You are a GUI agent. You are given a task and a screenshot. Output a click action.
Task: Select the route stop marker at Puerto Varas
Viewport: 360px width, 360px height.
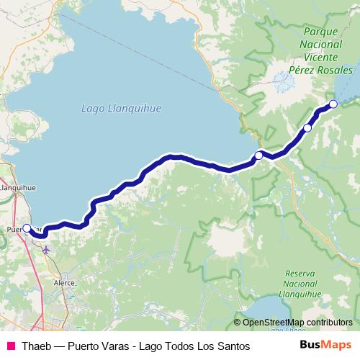(27, 228)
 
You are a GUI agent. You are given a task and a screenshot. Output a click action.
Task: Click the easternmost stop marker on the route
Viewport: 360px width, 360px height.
(333, 105)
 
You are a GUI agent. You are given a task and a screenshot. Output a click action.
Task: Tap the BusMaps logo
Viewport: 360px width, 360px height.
(326, 346)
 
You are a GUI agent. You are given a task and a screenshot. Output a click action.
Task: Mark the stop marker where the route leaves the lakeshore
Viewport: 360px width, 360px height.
(258, 155)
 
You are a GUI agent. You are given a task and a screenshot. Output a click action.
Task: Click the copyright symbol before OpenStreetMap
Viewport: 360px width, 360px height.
(237, 323)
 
